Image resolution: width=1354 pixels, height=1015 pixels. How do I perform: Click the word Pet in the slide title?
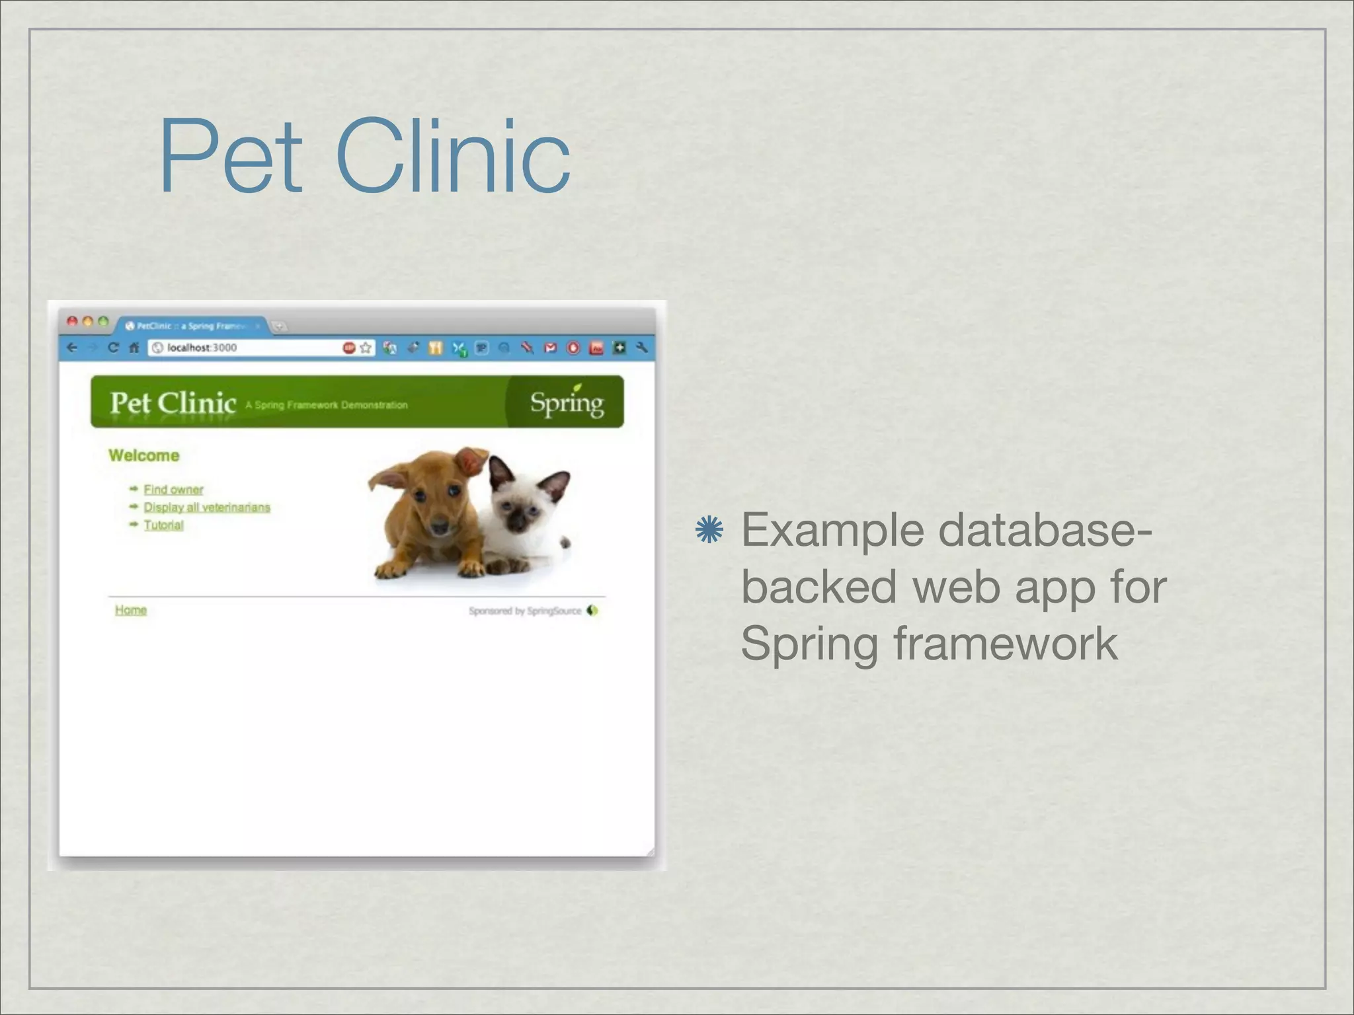tap(230, 157)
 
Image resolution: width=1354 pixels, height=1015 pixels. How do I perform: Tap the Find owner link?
tap(173, 490)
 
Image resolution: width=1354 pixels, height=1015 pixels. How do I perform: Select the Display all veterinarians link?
tap(207, 507)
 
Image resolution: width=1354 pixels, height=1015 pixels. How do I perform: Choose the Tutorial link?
tap(163, 525)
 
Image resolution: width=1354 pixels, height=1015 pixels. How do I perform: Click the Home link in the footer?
tap(131, 610)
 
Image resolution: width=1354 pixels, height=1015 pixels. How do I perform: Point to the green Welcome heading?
tap(144, 455)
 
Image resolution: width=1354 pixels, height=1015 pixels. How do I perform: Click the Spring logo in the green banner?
tap(567, 402)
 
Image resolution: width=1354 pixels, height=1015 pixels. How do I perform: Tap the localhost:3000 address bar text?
tap(202, 348)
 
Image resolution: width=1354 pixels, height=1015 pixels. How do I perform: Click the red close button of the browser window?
tap(72, 322)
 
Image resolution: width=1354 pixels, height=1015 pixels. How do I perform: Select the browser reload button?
tap(113, 348)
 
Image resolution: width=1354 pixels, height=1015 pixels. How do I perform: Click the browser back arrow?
tap(73, 348)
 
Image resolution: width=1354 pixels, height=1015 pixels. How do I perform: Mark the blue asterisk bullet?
tap(710, 530)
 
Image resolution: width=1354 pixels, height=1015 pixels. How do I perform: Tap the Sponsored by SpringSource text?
tap(525, 611)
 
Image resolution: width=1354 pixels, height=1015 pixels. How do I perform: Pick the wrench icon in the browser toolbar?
tap(641, 348)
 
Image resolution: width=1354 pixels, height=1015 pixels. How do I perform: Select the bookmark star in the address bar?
tap(366, 348)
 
